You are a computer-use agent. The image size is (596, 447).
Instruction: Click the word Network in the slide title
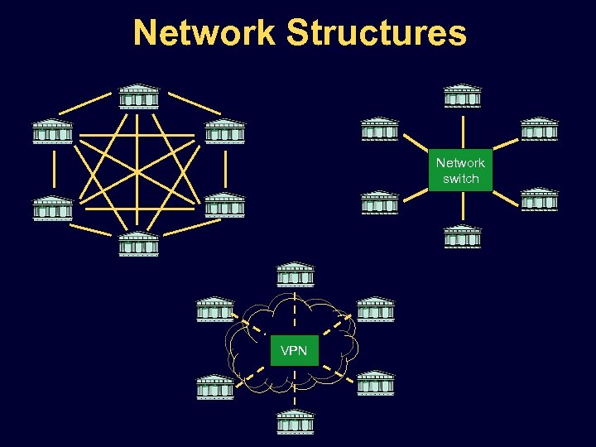point(204,34)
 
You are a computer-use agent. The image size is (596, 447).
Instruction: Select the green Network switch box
point(460,171)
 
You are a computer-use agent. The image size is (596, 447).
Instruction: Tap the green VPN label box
point(294,351)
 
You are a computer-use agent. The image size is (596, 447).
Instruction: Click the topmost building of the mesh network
point(138,96)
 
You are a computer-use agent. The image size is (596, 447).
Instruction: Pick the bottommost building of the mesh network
point(138,244)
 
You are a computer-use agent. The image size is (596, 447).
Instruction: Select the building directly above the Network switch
point(462,96)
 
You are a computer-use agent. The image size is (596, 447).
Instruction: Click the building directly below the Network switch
point(462,237)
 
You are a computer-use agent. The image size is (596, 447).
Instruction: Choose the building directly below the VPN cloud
point(295,422)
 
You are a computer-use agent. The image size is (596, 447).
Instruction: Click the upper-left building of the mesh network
point(52,132)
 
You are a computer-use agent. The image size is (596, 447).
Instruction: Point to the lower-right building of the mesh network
point(224,204)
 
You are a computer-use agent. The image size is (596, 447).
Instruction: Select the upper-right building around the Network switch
point(539,129)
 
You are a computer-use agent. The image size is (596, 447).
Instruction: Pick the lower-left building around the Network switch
point(380,203)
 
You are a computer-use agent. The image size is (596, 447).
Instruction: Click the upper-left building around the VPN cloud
point(215,309)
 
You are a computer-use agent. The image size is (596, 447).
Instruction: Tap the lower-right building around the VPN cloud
point(375,382)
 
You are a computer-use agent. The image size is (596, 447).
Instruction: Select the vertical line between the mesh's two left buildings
point(52,169)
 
